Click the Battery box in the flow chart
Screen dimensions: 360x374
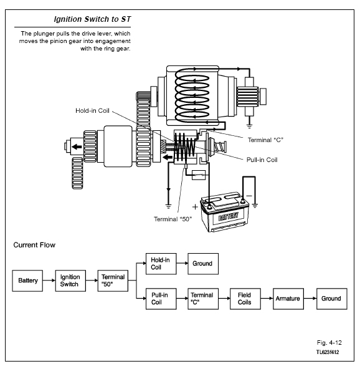[27, 280]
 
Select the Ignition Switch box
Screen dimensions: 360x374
[70, 280]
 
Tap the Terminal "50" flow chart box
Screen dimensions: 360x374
[113, 280]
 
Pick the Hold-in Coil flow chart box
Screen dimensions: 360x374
[161, 264]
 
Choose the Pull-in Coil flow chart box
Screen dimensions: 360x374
[161, 299]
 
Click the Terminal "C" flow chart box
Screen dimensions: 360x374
[203, 299]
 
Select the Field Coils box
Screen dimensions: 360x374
[245, 299]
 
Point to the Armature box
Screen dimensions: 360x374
[288, 299]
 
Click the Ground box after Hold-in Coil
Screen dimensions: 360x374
[203, 264]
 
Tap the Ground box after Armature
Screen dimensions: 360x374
[332, 299]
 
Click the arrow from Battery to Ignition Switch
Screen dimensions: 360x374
[49, 280]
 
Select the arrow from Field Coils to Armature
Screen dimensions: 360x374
[267, 299]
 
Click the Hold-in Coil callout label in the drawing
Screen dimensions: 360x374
[92, 111]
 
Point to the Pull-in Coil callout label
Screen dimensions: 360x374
[262, 160]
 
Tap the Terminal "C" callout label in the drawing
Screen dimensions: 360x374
[265, 140]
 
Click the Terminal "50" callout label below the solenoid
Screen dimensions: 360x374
[173, 219]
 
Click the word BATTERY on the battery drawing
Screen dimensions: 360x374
[228, 216]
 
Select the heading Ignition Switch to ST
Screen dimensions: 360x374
[92, 19]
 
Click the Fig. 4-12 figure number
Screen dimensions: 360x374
[329, 343]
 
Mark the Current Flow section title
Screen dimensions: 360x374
[34, 245]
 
